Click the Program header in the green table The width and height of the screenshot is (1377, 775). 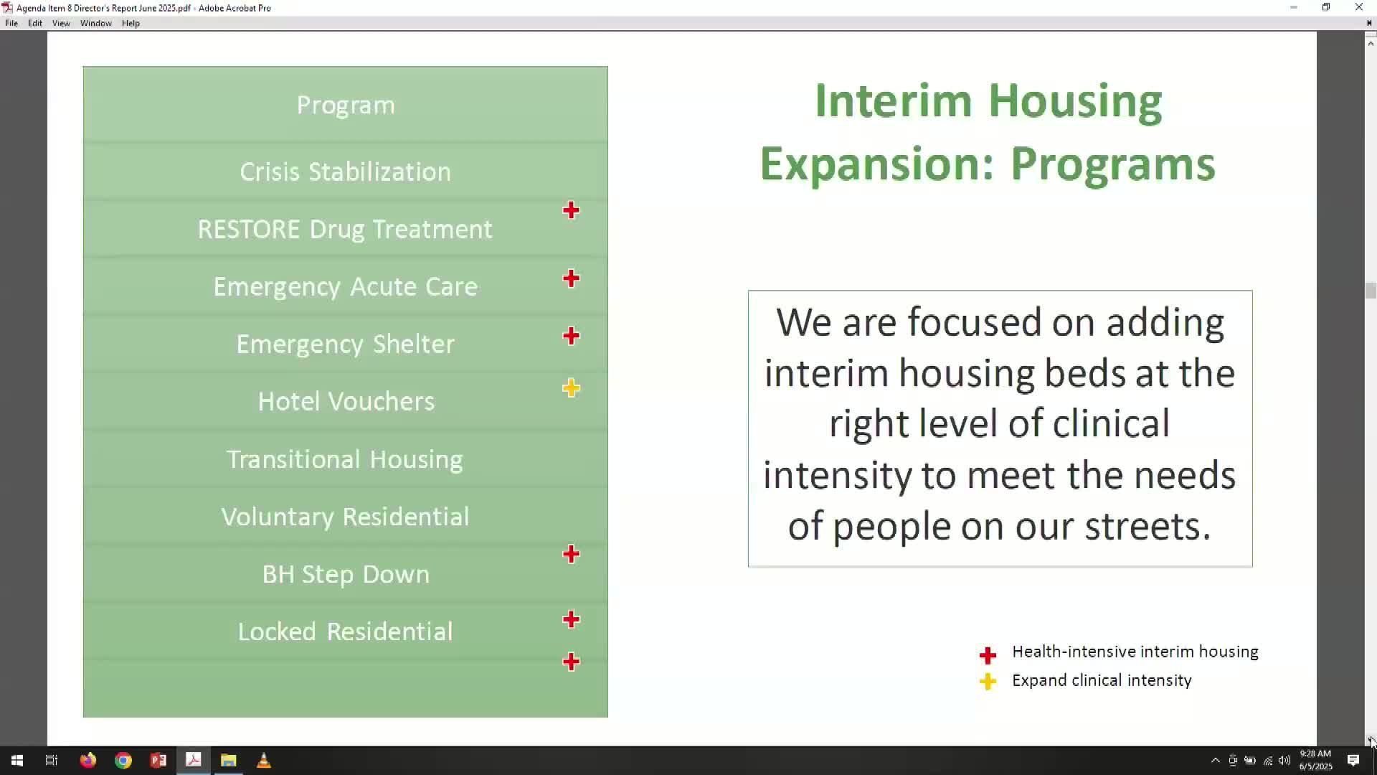[346, 105]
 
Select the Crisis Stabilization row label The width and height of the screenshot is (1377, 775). [345, 172]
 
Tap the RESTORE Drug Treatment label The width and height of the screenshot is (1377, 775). [345, 230]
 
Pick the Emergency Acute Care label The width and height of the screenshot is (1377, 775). [345, 287]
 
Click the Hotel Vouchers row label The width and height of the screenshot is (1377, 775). [346, 401]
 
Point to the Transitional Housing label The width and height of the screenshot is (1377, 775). [345, 459]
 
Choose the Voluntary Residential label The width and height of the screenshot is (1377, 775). [345, 517]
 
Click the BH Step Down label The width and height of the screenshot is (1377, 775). [346, 574]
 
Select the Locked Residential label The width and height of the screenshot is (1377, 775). [345, 631]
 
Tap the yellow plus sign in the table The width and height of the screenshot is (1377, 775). [571, 388]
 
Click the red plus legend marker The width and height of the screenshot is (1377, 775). [988, 655]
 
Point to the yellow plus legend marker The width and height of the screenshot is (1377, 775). [988, 681]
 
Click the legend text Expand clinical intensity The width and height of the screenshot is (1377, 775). [1102, 680]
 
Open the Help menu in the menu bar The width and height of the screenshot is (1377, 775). [131, 23]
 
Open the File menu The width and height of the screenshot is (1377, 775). [11, 23]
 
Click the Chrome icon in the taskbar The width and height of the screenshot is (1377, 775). [123, 761]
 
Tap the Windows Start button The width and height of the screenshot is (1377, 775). [17, 761]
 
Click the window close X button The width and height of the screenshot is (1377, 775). [1359, 7]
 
